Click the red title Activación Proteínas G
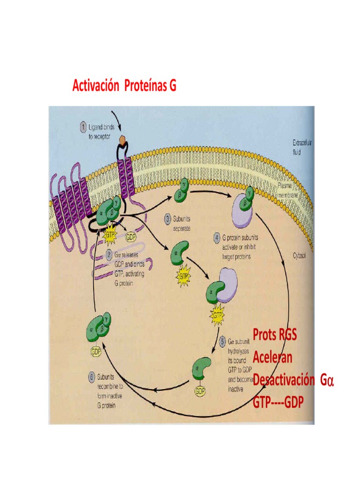point(124,86)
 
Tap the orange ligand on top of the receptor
point(122,140)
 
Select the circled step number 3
point(167,218)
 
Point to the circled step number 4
point(217,238)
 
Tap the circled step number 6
point(92,376)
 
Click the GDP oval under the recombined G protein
point(96,350)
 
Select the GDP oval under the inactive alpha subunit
point(200,390)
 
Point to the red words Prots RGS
point(275,335)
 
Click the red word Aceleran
point(273,357)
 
